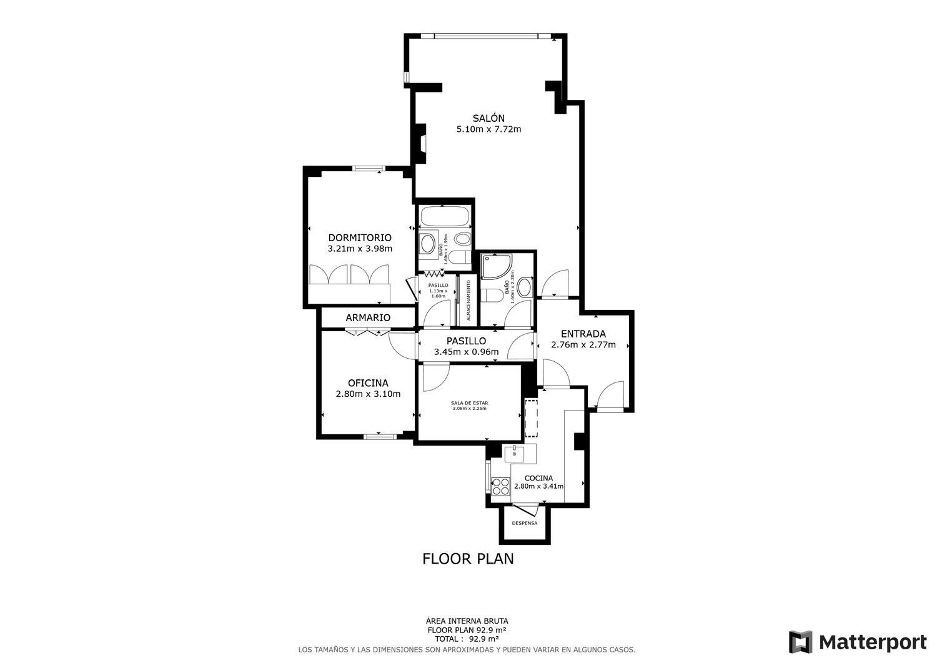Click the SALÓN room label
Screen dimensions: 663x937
488,118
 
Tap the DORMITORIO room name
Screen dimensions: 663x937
360,237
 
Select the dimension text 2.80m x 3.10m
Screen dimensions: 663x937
368,394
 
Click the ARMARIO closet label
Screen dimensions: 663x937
368,317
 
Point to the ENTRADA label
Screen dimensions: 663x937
583,334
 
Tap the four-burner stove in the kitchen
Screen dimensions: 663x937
500,486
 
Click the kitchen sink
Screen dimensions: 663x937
514,454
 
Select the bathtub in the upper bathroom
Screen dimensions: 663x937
444,217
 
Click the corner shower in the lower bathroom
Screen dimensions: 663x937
494,266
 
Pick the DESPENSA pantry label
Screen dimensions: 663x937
524,523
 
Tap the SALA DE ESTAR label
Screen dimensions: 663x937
469,403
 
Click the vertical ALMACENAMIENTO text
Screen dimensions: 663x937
468,301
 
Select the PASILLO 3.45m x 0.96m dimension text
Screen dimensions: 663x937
466,352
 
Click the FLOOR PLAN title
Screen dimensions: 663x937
468,559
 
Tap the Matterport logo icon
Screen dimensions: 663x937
800,642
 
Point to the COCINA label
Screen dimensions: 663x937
538,478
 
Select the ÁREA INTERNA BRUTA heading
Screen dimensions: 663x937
467,621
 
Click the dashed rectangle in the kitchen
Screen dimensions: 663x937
531,417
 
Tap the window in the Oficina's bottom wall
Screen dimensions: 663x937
380,436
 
